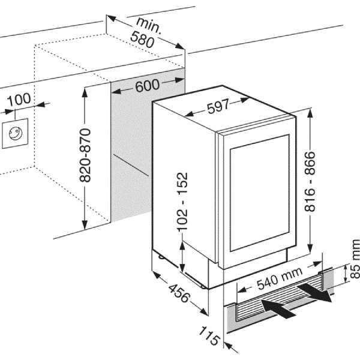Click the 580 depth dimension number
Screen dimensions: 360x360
tap(142, 40)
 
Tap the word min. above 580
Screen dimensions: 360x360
tap(149, 25)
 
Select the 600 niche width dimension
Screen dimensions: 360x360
tap(147, 85)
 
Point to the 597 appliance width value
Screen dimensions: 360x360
tap(218, 106)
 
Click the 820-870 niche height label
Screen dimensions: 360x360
tap(85, 155)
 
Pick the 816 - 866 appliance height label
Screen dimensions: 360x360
tap(310, 181)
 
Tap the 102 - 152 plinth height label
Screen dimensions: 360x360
tap(182, 201)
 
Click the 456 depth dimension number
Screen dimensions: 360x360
tap(179, 293)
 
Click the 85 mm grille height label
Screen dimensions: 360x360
tap(355, 259)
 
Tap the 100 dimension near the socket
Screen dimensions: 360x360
tap(19, 99)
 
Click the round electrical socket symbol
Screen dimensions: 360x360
tap(16, 133)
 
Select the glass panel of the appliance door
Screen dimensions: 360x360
tap(259, 193)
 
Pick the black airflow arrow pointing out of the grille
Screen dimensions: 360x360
tap(315, 292)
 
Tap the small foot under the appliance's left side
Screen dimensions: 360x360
tap(161, 256)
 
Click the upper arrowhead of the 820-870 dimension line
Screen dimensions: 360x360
tap(85, 92)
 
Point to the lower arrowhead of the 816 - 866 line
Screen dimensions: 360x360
tap(310, 248)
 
